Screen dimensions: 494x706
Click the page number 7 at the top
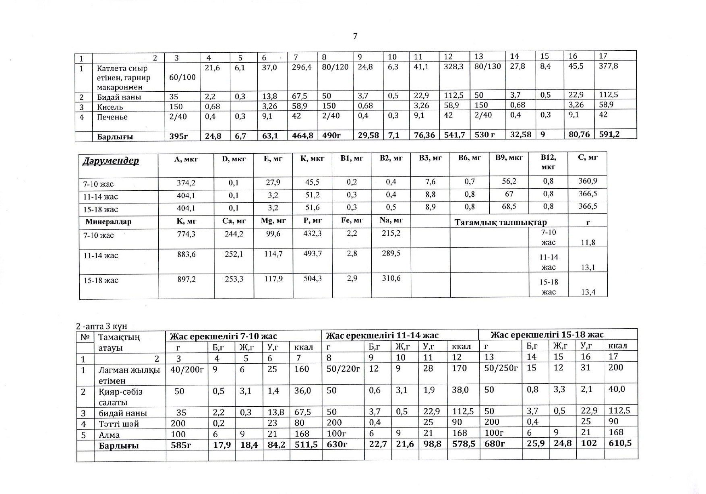point(355,36)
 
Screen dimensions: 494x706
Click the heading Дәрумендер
point(110,161)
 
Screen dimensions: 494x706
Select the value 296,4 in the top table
point(302,68)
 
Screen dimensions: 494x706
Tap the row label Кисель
point(110,107)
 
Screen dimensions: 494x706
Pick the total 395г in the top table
point(178,136)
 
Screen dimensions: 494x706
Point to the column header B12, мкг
point(548,162)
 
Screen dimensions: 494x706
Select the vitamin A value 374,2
point(186,183)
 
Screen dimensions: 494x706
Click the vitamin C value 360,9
point(588,181)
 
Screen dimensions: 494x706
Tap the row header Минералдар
point(108,222)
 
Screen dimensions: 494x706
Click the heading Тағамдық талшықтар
point(501,222)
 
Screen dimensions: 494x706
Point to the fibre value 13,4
point(588,292)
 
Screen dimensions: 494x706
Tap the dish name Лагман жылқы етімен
point(129,375)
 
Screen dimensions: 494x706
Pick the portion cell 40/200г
point(187,369)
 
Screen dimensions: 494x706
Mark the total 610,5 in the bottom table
point(620,443)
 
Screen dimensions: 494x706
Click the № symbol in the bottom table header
point(85,337)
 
